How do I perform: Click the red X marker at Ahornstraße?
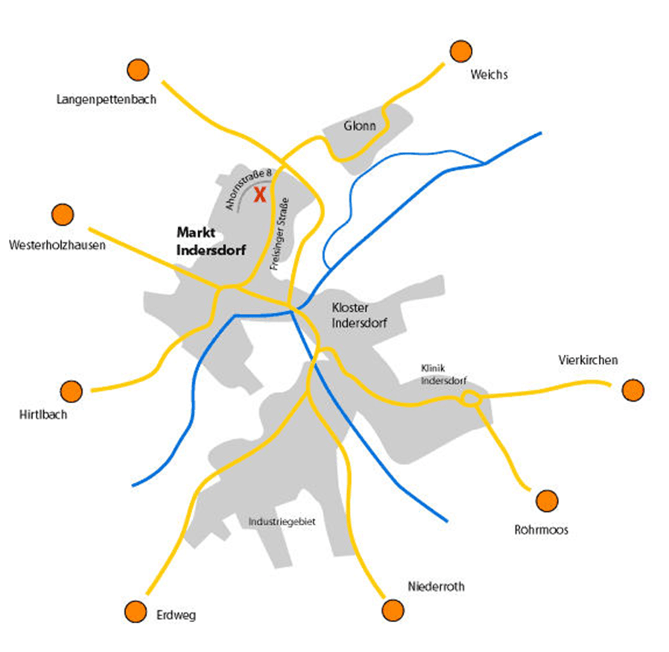coord(260,196)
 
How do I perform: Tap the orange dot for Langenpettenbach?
coord(138,70)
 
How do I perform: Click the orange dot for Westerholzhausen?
coord(63,215)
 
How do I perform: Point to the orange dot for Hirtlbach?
coord(72,391)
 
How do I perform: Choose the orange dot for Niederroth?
coord(393,610)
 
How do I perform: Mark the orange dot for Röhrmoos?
coord(547,501)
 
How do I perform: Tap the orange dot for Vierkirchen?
coord(632,389)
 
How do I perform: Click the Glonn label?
coord(360,126)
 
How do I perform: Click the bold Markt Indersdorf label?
coord(211,241)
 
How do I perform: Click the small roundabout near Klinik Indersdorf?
coord(470,399)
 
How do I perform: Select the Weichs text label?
coord(489,75)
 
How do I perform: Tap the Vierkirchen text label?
coord(588,360)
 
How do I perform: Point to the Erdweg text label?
coord(176,615)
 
